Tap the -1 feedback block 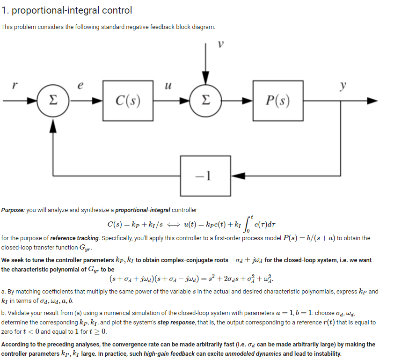[x=203, y=176]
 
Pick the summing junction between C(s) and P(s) [x=205, y=100]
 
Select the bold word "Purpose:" [x=13, y=210]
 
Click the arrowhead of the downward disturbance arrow [x=205, y=81]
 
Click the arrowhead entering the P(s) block [x=248, y=100]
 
